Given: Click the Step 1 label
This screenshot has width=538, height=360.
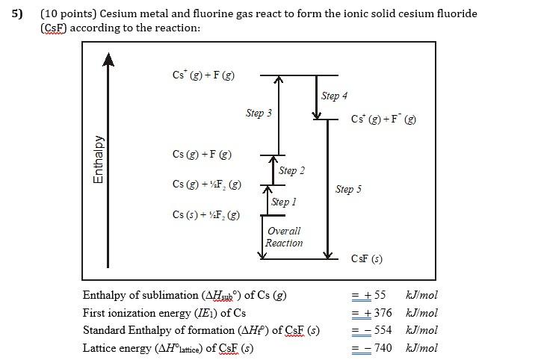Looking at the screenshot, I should pos(284,202).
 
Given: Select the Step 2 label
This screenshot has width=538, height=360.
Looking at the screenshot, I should pos(291,170).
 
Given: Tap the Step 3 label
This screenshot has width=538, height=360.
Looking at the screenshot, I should pos(259,113).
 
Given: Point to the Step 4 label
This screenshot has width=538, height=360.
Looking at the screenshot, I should pos(334,96).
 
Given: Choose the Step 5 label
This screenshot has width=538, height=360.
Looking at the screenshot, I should pos(348,189).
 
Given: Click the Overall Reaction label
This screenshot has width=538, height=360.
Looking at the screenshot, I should pos(284,237).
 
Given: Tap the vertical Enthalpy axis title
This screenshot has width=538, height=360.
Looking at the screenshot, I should pos(98,159).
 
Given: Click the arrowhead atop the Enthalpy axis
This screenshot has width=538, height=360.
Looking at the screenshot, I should pos(109,59).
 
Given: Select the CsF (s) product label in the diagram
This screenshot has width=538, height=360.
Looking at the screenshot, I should pos(366,258).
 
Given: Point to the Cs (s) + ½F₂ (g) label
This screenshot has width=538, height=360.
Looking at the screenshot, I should pos(206,215).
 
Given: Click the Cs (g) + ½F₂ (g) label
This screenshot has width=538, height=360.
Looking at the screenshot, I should pos(206,184).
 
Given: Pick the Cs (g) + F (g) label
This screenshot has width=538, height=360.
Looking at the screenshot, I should pos(202,154).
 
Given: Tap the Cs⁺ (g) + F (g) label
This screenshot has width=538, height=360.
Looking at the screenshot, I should pos(203,75).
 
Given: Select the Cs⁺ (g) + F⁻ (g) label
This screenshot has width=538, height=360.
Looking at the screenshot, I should pos(383,120).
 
